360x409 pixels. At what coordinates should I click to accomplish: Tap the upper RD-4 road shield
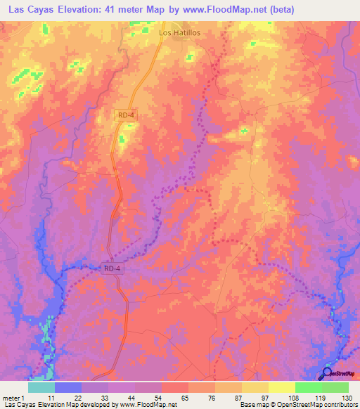pos(125,114)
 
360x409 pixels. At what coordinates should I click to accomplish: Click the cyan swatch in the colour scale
pos(41,387)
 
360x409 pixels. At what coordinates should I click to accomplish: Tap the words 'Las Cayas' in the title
pos(28,10)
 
